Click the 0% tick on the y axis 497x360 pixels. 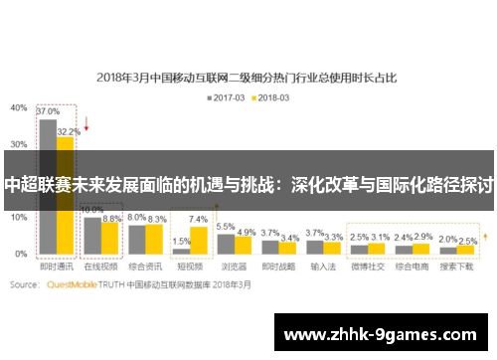[x=21, y=254]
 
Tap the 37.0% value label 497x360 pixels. [x=47, y=112]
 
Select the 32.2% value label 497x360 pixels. [x=69, y=130]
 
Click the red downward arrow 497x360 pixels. [x=86, y=125]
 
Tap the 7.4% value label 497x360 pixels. [x=198, y=219]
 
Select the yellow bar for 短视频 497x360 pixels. [x=198, y=240]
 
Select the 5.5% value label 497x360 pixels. [x=226, y=227]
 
